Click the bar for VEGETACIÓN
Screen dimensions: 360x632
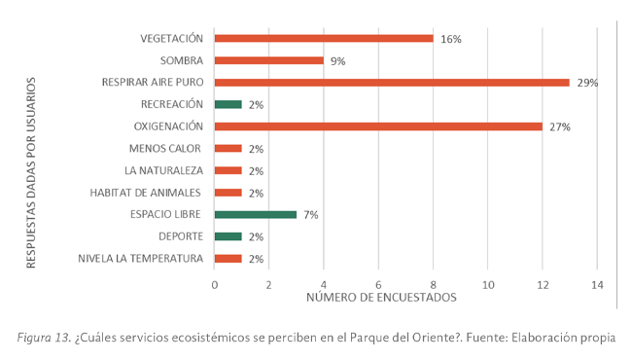(x=324, y=39)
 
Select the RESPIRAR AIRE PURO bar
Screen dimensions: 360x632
(x=392, y=83)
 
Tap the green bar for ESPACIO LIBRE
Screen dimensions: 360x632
(x=255, y=214)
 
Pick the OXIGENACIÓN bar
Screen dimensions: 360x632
(x=378, y=126)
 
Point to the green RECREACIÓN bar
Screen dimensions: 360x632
(x=228, y=104)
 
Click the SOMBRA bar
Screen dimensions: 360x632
(x=269, y=60)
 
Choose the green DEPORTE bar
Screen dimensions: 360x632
(x=228, y=236)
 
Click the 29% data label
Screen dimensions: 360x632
(x=587, y=84)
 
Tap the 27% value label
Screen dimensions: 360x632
(x=560, y=127)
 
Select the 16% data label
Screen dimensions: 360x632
(x=451, y=40)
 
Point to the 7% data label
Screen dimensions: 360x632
(x=311, y=215)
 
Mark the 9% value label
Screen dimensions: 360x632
(x=338, y=61)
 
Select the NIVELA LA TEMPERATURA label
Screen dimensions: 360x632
(x=142, y=258)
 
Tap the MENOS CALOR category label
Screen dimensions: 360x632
(x=165, y=148)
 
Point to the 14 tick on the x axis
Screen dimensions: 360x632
(x=597, y=284)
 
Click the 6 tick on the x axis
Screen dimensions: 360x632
(x=378, y=284)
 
